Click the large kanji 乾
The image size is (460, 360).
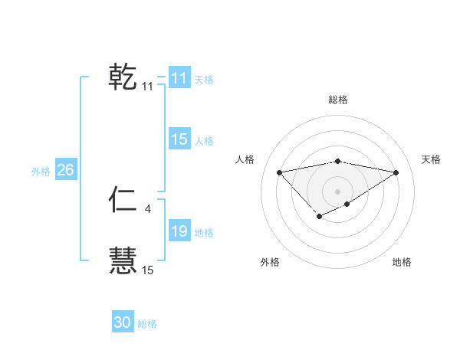[123, 77]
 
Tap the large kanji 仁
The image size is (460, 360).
[123, 200]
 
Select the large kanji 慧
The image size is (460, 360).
[123, 260]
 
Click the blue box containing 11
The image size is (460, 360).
[179, 78]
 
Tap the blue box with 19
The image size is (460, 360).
[179, 231]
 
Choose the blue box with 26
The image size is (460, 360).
[65, 170]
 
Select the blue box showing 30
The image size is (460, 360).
[123, 322]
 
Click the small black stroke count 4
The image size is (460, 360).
[147, 208]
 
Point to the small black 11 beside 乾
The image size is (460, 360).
[147, 87]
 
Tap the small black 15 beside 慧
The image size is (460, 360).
[147, 270]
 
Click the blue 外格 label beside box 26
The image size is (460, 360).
[41, 172]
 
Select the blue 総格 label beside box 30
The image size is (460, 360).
[147, 324]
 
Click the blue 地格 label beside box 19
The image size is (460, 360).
[204, 233]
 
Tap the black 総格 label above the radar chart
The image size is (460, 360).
[338, 100]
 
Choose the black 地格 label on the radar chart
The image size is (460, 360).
[402, 263]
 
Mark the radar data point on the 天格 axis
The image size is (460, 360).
[396, 172]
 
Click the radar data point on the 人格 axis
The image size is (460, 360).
[280, 172]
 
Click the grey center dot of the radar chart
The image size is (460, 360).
[338, 191]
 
